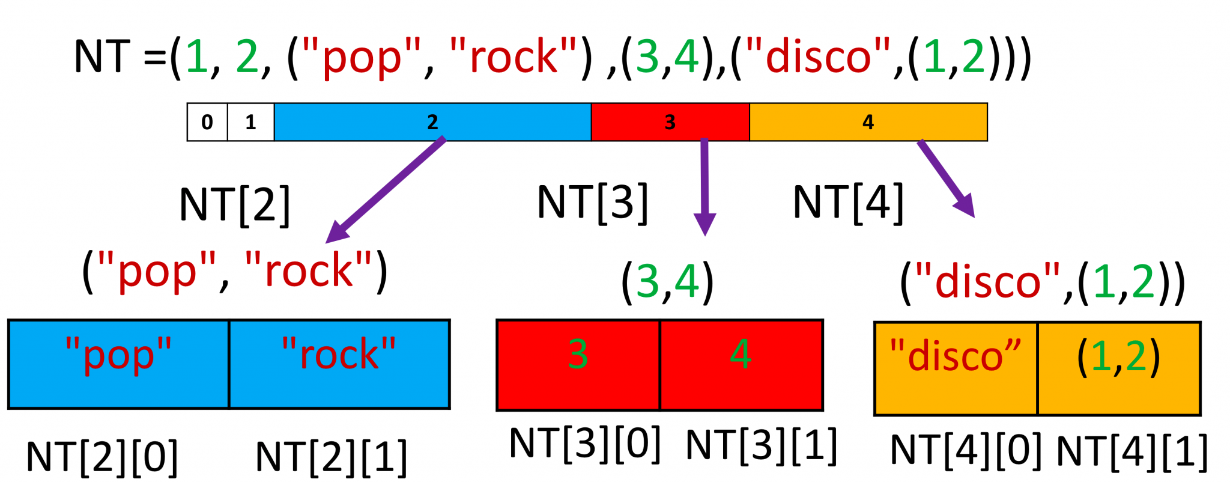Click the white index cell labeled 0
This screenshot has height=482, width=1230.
pyautogui.click(x=207, y=122)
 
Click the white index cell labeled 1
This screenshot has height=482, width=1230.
pyautogui.click(x=251, y=122)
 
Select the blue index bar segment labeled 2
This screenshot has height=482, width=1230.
pyautogui.click(x=432, y=122)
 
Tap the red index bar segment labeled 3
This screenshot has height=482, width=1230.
pyautogui.click(x=670, y=122)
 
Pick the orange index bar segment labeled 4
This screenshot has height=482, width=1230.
pyautogui.click(x=868, y=122)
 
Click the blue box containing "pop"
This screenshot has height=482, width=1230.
pyautogui.click(x=119, y=364)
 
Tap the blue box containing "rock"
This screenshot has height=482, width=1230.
pyautogui.click(x=339, y=364)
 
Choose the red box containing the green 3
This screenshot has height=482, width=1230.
pyautogui.click(x=578, y=365)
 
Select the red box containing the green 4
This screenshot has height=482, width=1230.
pyautogui.click(x=741, y=365)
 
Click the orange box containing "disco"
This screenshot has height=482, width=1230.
pyautogui.click(x=956, y=368)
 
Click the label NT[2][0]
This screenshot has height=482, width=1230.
pyautogui.click(x=102, y=457)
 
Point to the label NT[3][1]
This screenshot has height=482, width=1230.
pyautogui.click(x=761, y=445)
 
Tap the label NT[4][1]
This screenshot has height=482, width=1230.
pyautogui.click(x=1132, y=451)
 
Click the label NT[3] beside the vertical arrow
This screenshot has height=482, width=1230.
pyautogui.click(x=592, y=203)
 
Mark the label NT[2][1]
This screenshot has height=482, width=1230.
pyautogui.click(x=332, y=457)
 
